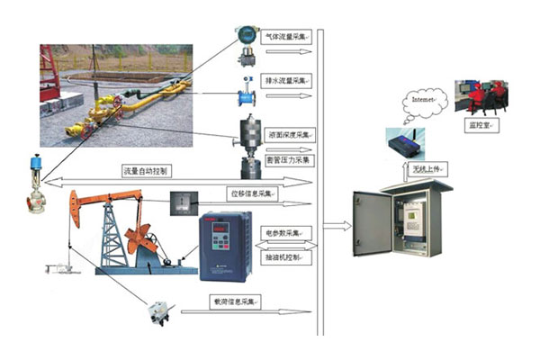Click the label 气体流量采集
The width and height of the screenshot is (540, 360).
click(x=286, y=38)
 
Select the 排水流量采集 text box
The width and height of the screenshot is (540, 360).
click(x=286, y=81)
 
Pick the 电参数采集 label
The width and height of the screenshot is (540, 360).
click(x=285, y=231)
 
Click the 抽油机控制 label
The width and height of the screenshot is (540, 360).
click(x=285, y=257)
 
